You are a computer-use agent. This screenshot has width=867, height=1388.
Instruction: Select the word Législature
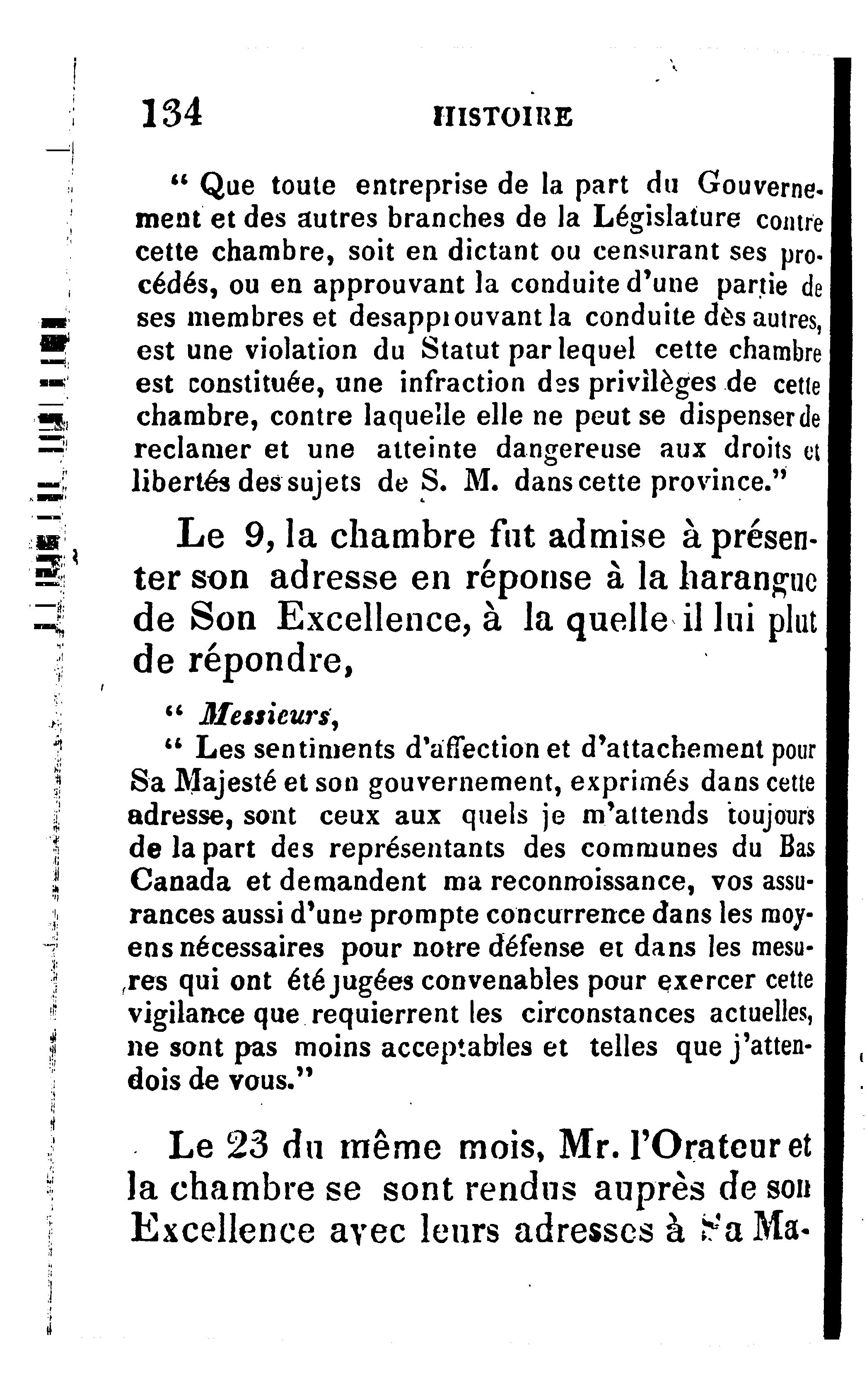coord(667,218)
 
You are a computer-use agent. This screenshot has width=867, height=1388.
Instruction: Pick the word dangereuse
coord(568,449)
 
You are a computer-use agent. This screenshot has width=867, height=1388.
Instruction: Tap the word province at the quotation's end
coord(710,483)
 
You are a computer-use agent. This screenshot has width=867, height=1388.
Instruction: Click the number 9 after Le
coord(252,536)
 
